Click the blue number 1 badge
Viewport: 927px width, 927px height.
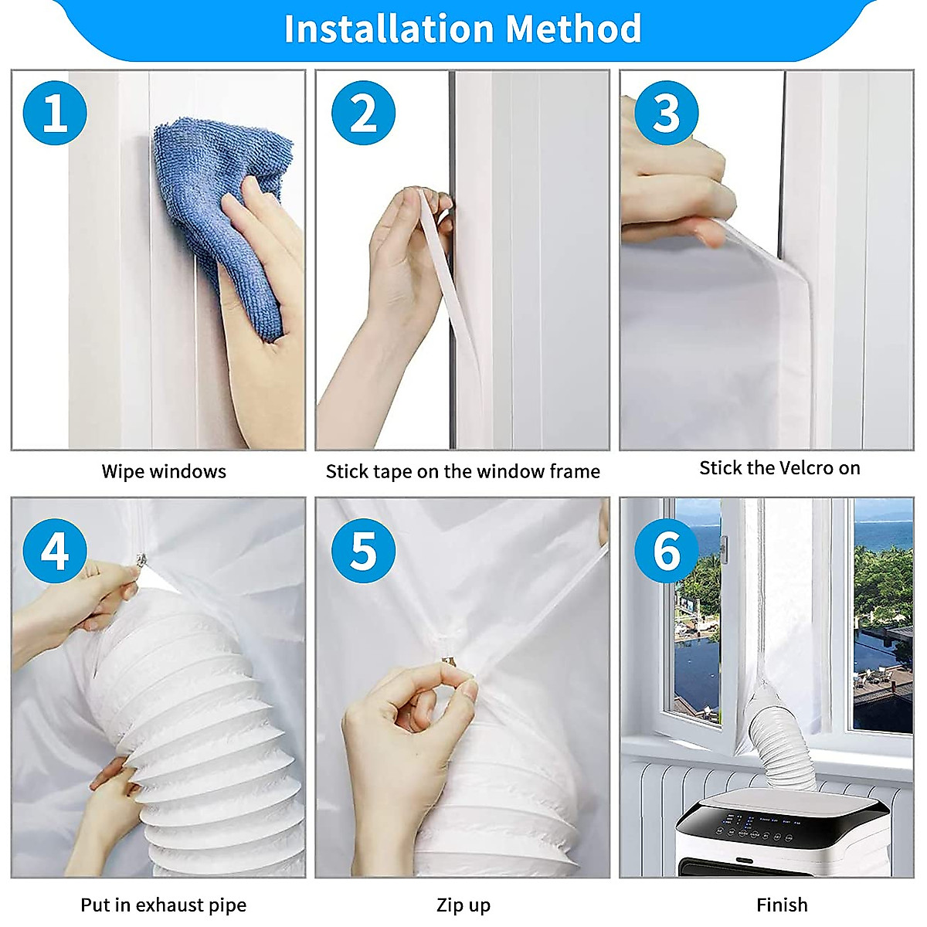click(x=55, y=113)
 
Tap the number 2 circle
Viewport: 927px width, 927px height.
click(x=363, y=113)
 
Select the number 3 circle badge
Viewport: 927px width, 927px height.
click(x=666, y=113)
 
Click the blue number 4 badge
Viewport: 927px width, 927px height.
click(x=55, y=551)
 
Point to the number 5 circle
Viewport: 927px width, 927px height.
click(x=363, y=551)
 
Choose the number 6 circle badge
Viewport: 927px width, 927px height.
click(x=666, y=551)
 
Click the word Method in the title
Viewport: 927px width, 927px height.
click(x=574, y=29)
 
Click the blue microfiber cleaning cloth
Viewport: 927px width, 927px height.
click(x=224, y=201)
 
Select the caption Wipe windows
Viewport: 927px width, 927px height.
click(x=164, y=471)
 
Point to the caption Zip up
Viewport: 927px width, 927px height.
click(x=463, y=905)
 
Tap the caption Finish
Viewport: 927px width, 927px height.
click(x=782, y=905)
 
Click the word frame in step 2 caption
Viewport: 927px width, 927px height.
click(x=573, y=471)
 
